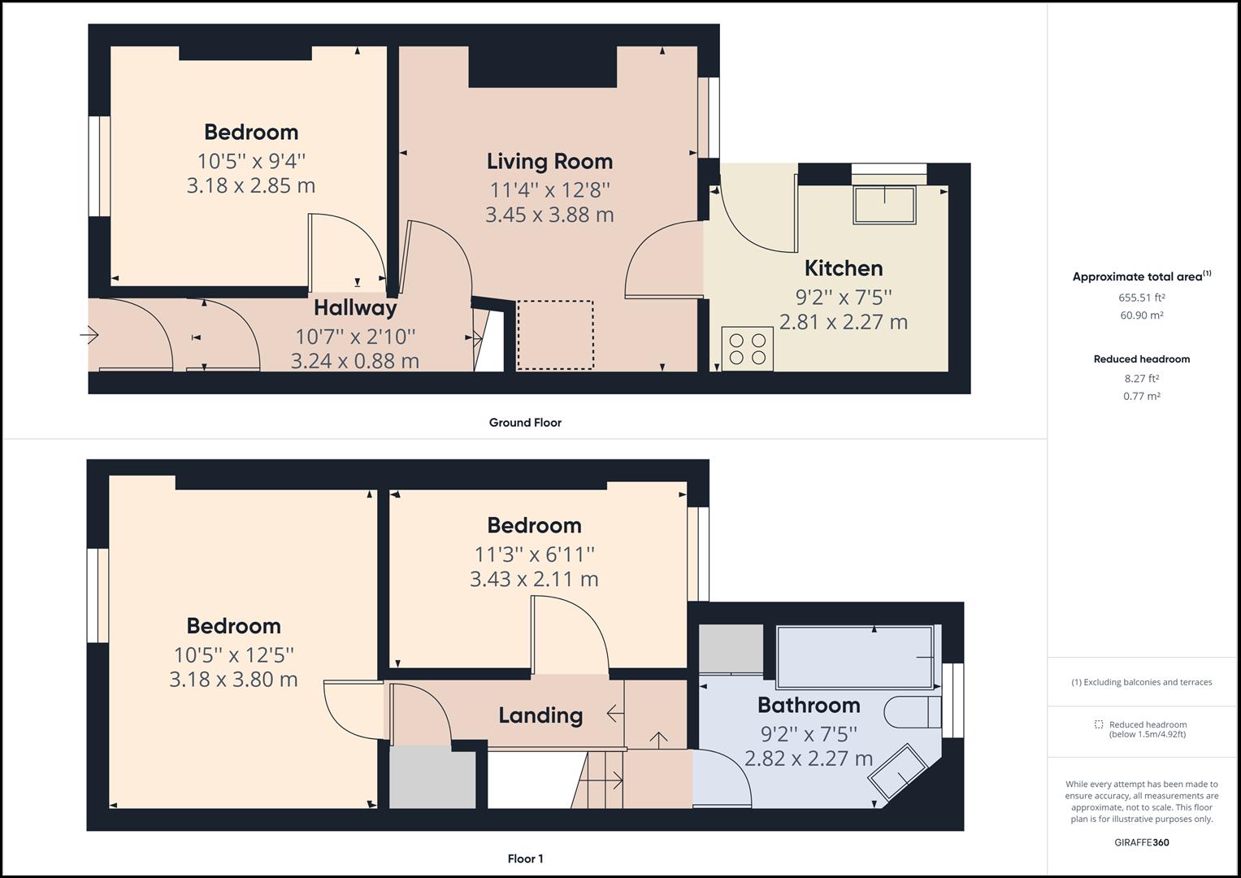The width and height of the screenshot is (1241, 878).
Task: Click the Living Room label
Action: tap(549, 161)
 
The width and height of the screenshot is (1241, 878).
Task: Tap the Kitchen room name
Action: tap(843, 268)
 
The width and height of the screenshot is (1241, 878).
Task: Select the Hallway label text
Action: tap(355, 308)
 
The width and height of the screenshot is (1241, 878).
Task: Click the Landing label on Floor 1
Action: tap(540, 715)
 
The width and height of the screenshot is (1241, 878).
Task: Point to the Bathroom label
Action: tap(809, 705)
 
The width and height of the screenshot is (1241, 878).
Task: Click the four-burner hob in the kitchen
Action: tap(747, 348)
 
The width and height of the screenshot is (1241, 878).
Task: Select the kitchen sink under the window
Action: tap(884, 204)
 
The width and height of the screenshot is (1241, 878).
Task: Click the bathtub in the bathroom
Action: tap(855, 656)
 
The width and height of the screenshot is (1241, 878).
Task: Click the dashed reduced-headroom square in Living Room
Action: tap(555, 335)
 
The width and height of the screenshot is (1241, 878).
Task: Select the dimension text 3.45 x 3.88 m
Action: tap(549, 215)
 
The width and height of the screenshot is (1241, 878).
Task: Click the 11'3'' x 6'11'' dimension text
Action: tap(534, 554)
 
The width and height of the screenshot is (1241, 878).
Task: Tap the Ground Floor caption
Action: tap(525, 423)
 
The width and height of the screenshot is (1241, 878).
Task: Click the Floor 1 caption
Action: tap(525, 858)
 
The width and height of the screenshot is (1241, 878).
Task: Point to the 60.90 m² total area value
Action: tap(1141, 315)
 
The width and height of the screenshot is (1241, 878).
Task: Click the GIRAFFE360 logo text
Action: tap(1141, 842)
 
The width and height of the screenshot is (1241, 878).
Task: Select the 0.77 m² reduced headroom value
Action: tap(1141, 396)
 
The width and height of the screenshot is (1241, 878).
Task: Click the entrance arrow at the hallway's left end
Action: tap(89, 334)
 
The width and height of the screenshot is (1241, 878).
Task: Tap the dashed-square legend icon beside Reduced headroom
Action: tap(1099, 724)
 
